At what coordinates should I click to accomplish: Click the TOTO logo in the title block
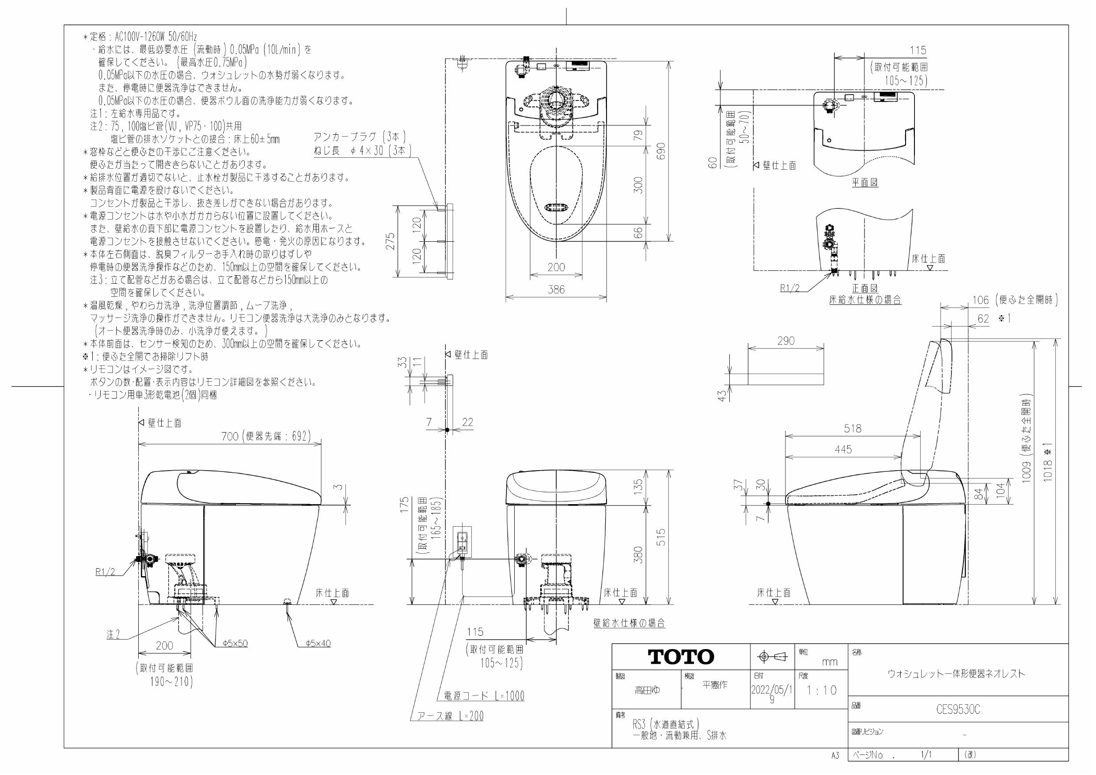tap(681, 657)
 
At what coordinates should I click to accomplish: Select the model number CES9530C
tap(958, 710)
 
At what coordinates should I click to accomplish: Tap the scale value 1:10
tap(822, 690)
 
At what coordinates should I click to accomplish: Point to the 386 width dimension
tap(556, 289)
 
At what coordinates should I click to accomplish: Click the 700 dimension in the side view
tap(230, 436)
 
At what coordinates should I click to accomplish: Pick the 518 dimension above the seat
tap(852, 428)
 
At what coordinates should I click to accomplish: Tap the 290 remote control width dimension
tap(786, 341)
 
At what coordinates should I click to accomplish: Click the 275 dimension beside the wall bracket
tap(391, 242)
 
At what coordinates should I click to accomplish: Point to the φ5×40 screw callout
tap(318, 643)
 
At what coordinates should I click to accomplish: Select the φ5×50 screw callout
tap(235, 643)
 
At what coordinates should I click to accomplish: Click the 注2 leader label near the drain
tap(113, 634)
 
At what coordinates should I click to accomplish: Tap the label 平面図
tap(865, 182)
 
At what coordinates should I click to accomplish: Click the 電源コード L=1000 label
tap(484, 696)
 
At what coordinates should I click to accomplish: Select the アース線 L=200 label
tap(450, 716)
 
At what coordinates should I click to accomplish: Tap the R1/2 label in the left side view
tap(105, 572)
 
